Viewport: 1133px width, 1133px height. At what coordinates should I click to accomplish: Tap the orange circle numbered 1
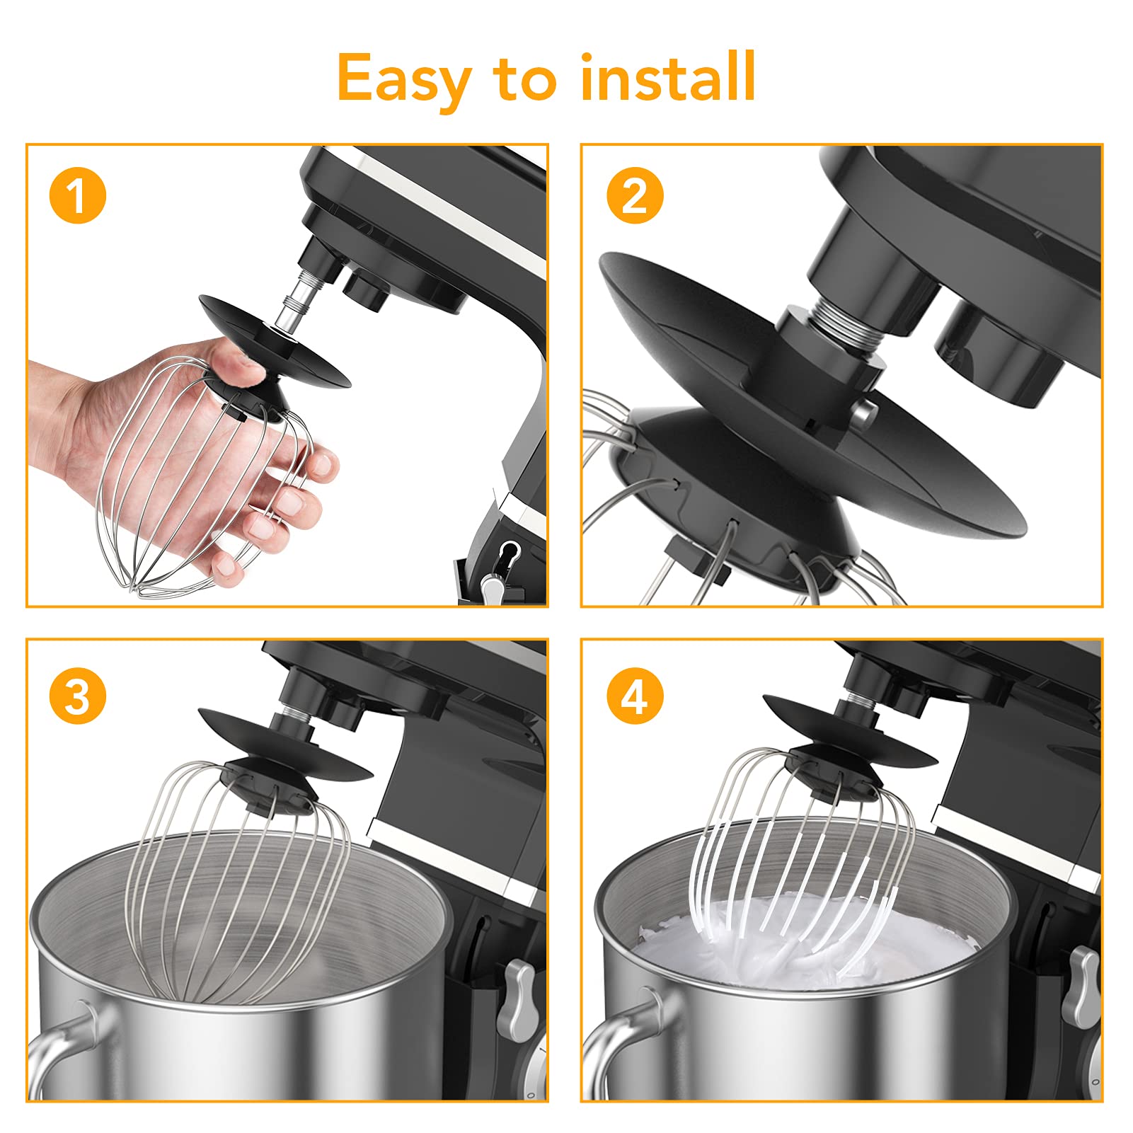(78, 195)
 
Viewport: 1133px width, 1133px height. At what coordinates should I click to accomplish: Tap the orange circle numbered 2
(635, 195)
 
